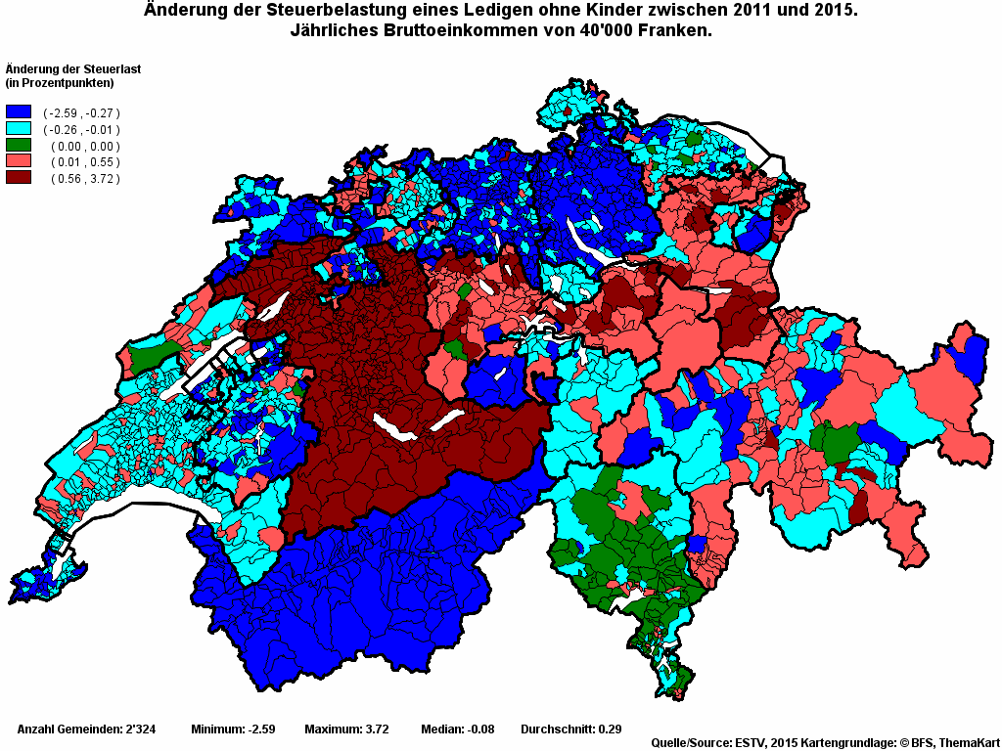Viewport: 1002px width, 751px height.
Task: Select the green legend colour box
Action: coord(19,146)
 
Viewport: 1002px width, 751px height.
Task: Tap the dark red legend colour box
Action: coord(19,178)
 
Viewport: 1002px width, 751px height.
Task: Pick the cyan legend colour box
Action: coord(19,129)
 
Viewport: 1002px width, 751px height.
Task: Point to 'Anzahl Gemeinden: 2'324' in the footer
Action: coord(82,729)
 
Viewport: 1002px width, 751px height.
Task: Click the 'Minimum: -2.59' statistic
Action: coord(233,729)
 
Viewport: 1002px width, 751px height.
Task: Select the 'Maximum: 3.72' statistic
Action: coord(346,729)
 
